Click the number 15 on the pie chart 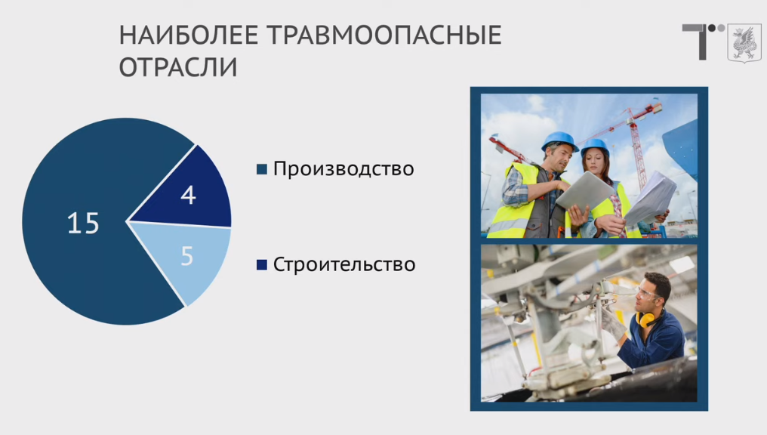tap(83, 223)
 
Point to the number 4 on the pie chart tap(188, 195)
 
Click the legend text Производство tap(343, 169)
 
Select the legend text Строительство tap(344, 265)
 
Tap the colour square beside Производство tap(262, 169)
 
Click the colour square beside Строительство tap(262, 265)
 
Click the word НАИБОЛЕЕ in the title tap(189, 35)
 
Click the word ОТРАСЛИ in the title tap(178, 67)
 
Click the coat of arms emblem tap(744, 43)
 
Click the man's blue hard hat tap(559, 140)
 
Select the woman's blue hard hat tap(594, 147)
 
